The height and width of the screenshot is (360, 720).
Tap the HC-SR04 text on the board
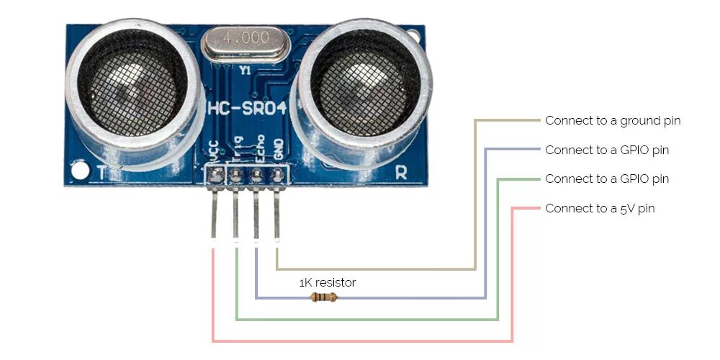click(247, 109)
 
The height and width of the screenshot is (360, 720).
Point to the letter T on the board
click(101, 173)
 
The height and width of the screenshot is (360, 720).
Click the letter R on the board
click(401, 172)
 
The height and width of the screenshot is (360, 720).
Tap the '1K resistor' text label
click(328, 283)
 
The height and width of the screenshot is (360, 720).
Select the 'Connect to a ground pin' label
click(613, 120)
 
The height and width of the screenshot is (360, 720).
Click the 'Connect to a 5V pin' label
click(600, 209)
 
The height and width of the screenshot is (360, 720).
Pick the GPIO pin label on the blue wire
click(607, 150)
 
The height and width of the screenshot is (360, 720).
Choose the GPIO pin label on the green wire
click(607, 179)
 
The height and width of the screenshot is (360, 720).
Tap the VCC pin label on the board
click(214, 150)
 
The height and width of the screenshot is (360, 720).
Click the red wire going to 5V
click(360, 341)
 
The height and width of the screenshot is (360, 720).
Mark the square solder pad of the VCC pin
click(215, 174)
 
